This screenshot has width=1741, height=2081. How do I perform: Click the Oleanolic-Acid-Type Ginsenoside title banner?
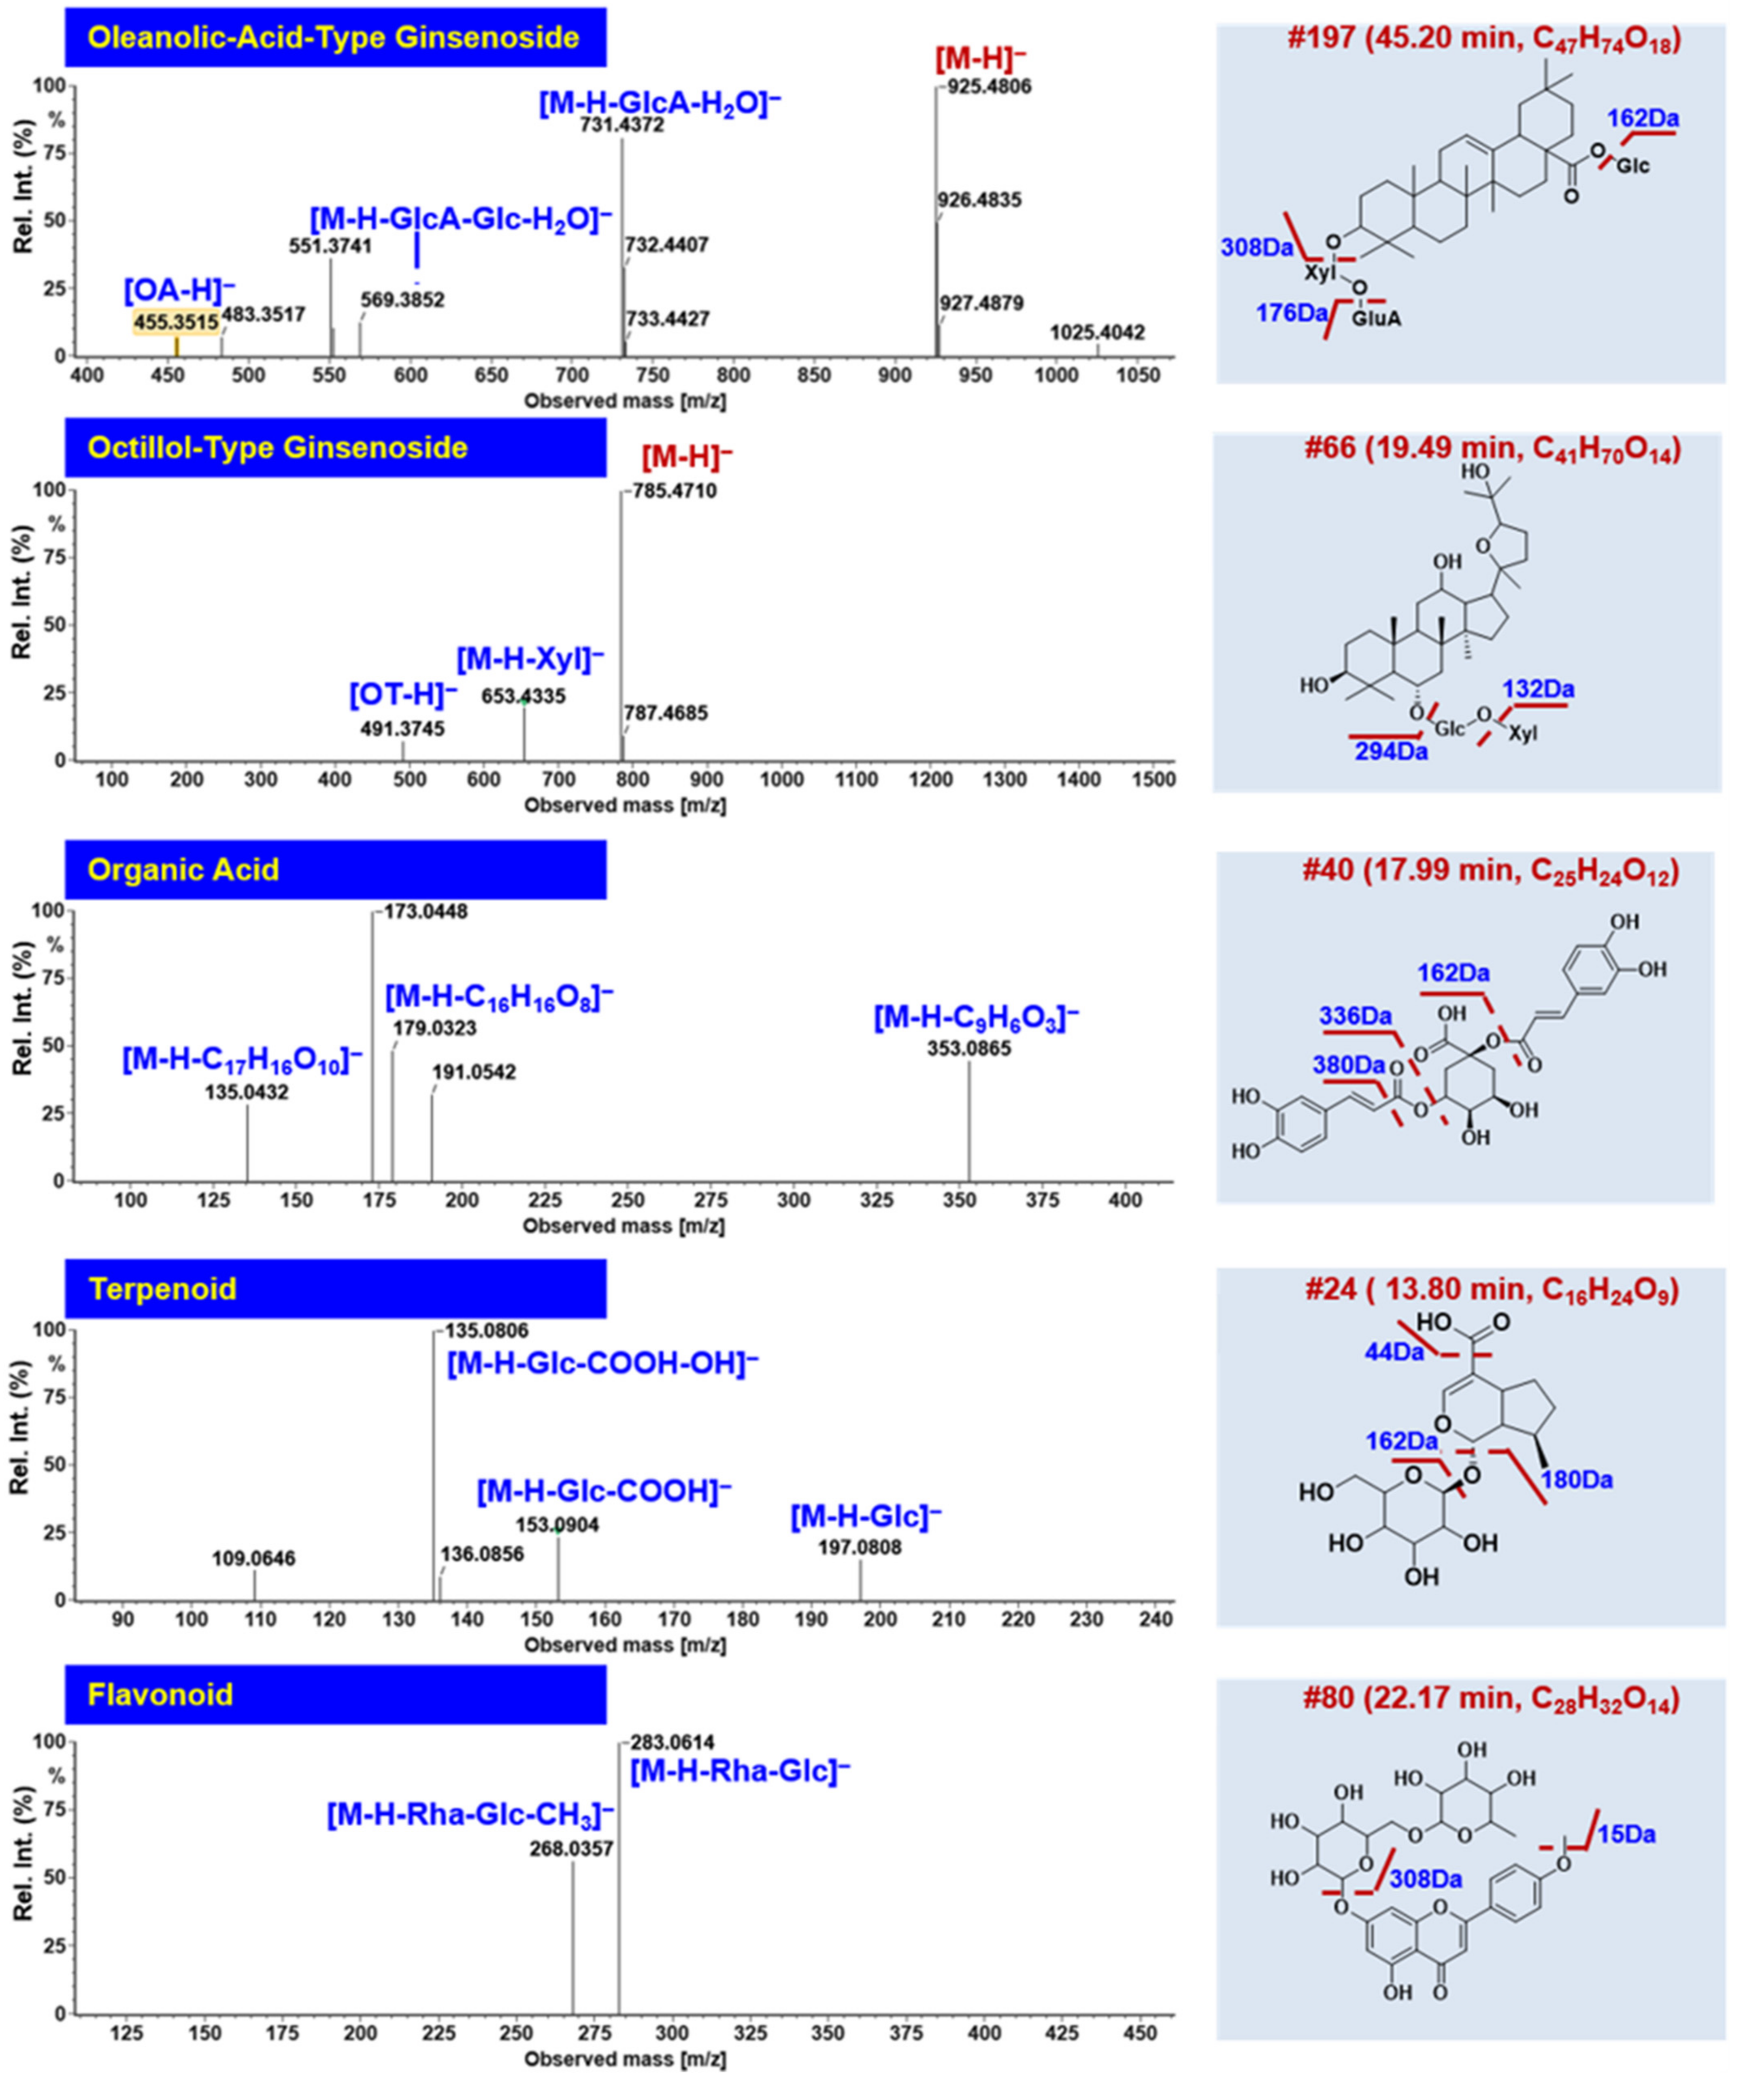click(x=335, y=38)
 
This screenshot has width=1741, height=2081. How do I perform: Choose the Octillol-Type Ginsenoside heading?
click(x=335, y=448)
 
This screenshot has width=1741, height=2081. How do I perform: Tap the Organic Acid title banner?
click(x=335, y=870)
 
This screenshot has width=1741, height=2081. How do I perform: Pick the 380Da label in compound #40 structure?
click(x=1349, y=1065)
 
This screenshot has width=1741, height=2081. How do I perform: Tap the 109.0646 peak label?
click(x=254, y=1559)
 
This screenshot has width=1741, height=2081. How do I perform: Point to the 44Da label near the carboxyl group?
click(x=1394, y=1352)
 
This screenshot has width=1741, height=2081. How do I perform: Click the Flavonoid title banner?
click(x=335, y=1694)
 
